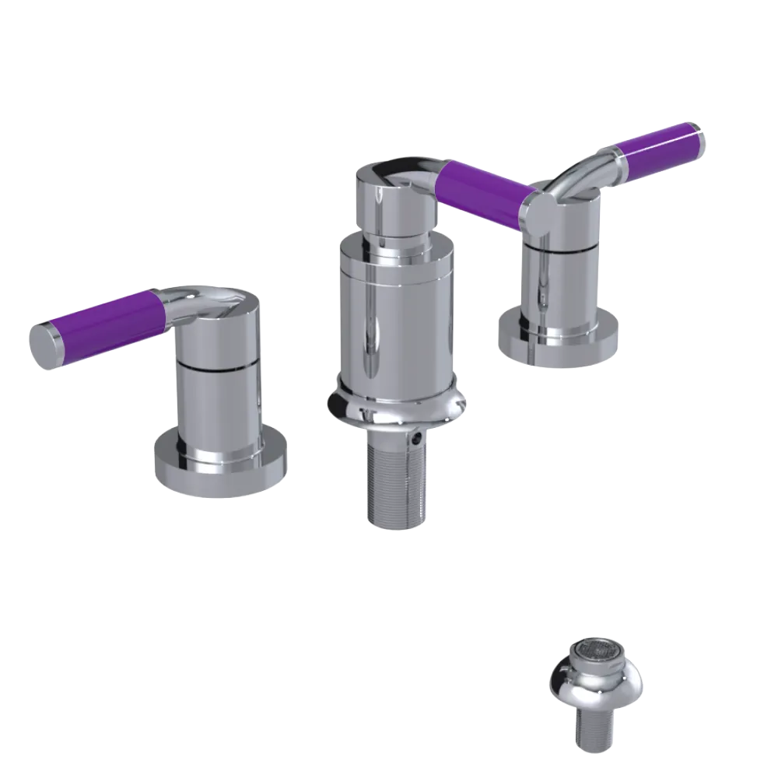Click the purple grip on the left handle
[109, 317]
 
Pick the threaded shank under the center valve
[395, 482]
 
